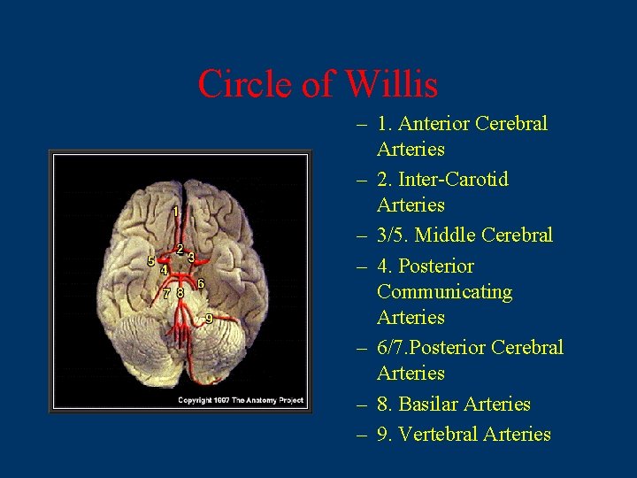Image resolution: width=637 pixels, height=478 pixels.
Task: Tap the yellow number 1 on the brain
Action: click(x=176, y=212)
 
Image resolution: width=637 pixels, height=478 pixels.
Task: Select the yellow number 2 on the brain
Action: click(x=180, y=250)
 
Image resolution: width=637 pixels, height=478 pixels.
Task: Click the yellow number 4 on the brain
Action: click(x=164, y=269)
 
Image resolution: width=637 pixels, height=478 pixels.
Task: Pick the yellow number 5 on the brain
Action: click(x=150, y=261)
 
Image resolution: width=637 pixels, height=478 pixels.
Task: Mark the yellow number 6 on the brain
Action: click(x=201, y=283)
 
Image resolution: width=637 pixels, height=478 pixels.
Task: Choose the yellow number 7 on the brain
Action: click(x=166, y=292)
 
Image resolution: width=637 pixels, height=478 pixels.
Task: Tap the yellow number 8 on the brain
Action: click(x=180, y=292)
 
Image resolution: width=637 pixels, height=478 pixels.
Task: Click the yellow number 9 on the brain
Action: click(x=209, y=318)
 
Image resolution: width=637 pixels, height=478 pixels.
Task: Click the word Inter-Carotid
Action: click(x=454, y=180)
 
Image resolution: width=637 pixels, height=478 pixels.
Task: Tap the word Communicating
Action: click(x=444, y=291)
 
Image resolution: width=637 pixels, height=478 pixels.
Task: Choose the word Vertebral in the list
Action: click(x=441, y=434)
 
